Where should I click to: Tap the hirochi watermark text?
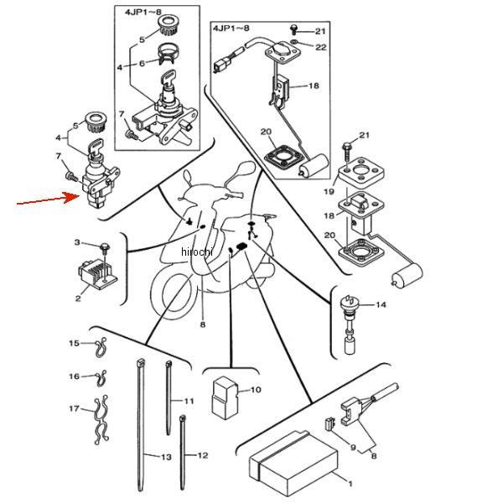(197, 251)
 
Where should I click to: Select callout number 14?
(381, 304)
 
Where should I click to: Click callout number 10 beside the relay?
(256, 390)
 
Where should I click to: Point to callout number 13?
(166, 457)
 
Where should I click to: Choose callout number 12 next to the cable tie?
(202, 455)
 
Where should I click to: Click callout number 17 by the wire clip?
(74, 409)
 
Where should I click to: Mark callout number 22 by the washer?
(321, 47)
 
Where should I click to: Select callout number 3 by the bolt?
(77, 242)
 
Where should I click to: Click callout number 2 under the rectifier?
(78, 298)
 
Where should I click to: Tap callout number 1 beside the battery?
(350, 484)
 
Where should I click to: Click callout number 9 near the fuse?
(353, 447)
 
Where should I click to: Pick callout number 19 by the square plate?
(329, 191)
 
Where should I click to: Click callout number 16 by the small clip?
(74, 376)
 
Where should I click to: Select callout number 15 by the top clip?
(74, 343)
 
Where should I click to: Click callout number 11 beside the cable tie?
(189, 401)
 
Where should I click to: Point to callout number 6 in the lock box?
(143, 63)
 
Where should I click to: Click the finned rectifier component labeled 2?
(97, 273)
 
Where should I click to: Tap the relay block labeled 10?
(224, 397)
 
